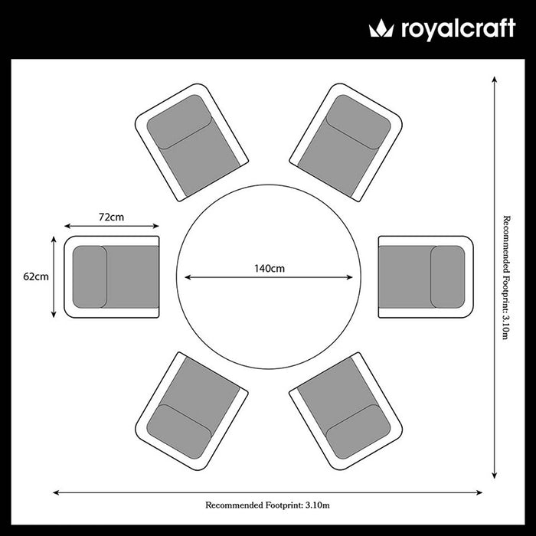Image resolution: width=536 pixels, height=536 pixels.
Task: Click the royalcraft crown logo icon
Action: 381,28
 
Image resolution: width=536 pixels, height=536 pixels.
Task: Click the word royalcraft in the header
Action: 458,29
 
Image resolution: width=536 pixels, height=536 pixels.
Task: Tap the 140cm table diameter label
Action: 270,268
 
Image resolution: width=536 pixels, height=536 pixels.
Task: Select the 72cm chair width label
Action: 112,217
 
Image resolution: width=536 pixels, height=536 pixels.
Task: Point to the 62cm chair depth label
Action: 36,276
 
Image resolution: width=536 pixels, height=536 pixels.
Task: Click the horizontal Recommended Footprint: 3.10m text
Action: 267,505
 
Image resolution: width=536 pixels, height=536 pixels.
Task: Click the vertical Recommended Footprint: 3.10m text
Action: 506,277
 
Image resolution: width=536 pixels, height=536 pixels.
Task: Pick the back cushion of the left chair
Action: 90,277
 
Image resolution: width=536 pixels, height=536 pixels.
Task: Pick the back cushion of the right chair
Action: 447,277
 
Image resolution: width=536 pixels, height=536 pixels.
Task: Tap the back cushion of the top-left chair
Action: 178,122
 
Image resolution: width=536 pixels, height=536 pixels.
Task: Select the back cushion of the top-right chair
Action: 358,122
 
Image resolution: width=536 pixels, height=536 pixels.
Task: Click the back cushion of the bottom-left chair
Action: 178,432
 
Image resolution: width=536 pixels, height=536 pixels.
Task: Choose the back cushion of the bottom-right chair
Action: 358,432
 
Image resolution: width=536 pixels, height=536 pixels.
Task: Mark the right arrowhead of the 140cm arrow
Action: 350,277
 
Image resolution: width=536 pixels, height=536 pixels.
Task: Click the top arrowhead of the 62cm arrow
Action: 54,239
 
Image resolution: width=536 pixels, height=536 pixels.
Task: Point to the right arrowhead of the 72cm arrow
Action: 156,226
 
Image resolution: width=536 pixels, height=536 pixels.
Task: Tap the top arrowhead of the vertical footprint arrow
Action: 495,80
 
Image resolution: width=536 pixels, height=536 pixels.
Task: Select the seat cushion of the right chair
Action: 407,277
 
